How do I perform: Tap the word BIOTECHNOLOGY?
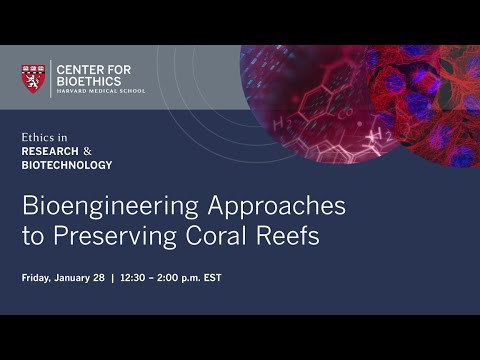coord(67,165)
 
